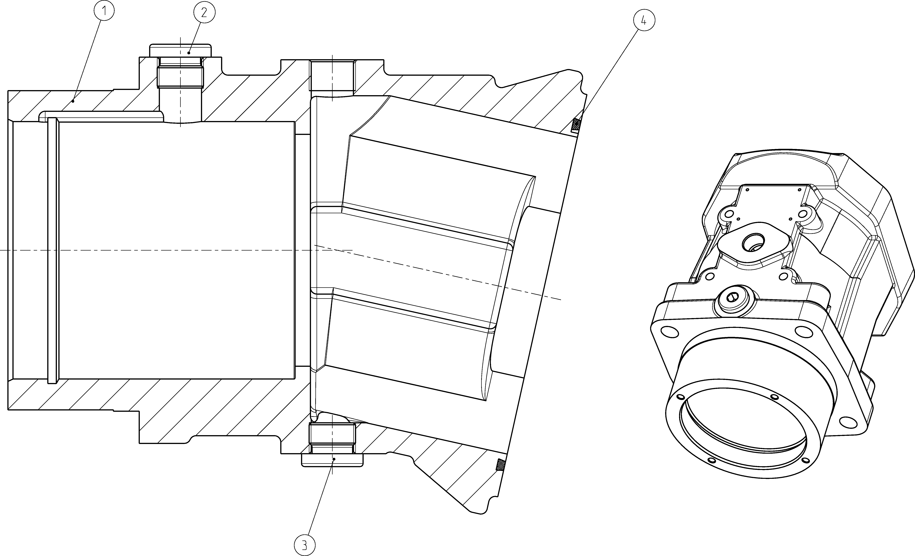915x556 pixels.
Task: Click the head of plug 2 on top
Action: click(181, 51)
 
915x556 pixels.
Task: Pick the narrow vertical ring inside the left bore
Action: click(53, 250)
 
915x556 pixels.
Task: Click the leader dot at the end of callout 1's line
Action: click(74, 100)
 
